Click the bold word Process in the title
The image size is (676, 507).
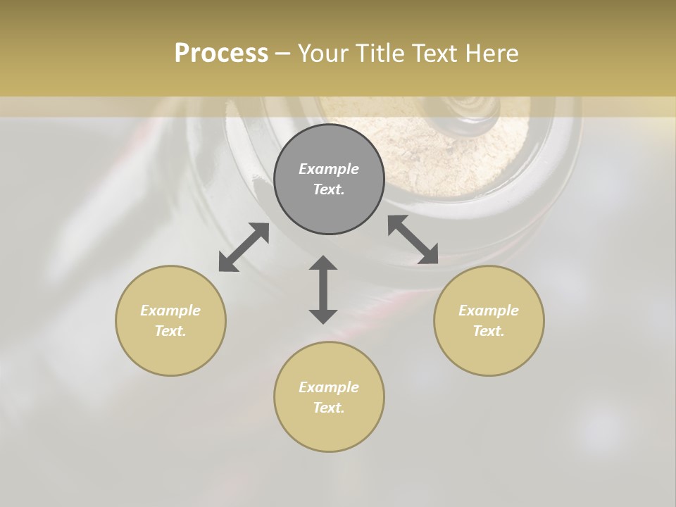[x=221, y=54]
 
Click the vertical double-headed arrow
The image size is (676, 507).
[x=323, y=289]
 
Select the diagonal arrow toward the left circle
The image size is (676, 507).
[x=244, y=247]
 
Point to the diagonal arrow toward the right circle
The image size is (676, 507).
[x=413, y=239]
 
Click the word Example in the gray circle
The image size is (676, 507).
[x=329, y=169]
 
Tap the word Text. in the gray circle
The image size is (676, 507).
[x=329, y=189]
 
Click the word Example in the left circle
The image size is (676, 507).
[x=170, y=311]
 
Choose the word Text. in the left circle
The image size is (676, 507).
[x=170, y=331]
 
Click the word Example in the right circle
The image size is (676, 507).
[x=489, y=311]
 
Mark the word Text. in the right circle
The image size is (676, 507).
[x=489, y=331]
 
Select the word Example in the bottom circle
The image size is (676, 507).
[x=329, y=387]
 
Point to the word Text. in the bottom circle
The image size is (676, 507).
[x=329, y=408]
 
